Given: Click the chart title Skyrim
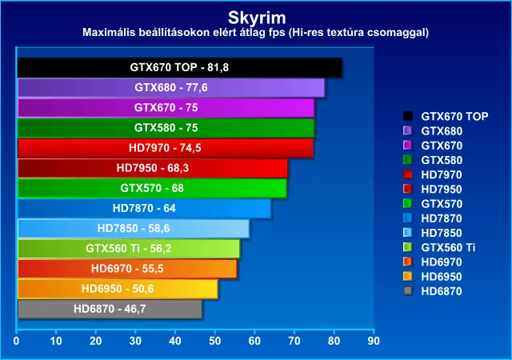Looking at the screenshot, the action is tap(257, 18).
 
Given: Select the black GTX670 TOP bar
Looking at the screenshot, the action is tap(180, 68).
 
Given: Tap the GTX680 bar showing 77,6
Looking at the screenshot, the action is tap(171, 87).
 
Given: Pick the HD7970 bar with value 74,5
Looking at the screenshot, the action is tap(166, 148).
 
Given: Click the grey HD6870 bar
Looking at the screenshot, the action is tap(110, 309).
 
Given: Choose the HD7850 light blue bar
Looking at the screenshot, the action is tap(134, 228).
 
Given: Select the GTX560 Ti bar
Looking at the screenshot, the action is tap(129, 249).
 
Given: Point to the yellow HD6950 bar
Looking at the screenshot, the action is tap(118, 289).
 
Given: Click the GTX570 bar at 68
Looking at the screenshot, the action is tap(152, 188).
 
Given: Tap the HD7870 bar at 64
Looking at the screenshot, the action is tap(144, 209).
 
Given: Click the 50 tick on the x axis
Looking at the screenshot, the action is tap(215, 341).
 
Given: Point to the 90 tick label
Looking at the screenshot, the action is tap(374, 341).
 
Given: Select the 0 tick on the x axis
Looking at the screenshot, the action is tap(16, 341).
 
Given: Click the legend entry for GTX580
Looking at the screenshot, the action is tap(433, 160).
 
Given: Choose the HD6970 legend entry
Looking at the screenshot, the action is tap(433, 262).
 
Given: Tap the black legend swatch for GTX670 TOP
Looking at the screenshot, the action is tap(407, 116).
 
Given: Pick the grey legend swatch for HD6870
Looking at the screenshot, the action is tap(407, 290).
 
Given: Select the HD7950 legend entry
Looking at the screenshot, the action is tap(433, 189).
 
